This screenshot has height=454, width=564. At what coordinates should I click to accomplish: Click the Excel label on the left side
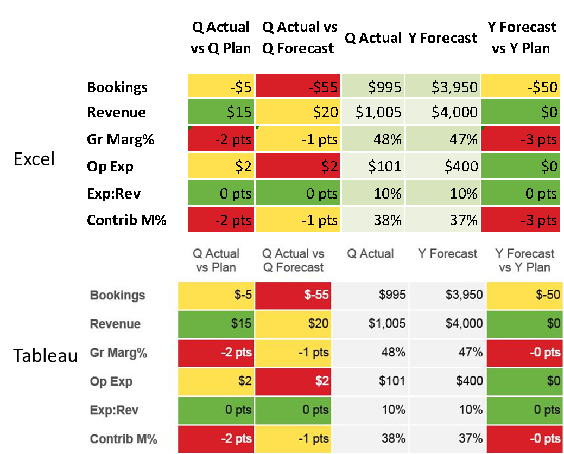pyautogui.click(x=34, y=159)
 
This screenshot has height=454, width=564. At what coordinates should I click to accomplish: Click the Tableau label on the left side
pyautogui.click(x=46, y=355)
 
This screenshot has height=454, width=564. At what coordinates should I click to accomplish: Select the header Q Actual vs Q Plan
pyautogui.click(x=221, y=37)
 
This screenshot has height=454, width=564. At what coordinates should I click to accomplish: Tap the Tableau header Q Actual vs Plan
pyautogui.click(x=216, y=260)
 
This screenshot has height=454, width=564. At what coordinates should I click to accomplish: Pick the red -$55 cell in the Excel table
pyautogui.click(x=298, y=87)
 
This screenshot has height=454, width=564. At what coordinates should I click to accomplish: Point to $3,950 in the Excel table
pyautogui.click(x=442, y=87)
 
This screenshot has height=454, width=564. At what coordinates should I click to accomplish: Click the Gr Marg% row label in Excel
pyautogui.click(x=121, y=140)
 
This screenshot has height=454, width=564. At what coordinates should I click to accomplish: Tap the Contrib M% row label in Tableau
pyautogui.click(x=124, y=439)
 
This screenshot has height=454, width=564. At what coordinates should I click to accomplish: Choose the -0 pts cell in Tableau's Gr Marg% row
pyautogui.click(x=524, y=353)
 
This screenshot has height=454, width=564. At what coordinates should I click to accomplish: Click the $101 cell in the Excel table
pyautogui.click(x=373, y=167)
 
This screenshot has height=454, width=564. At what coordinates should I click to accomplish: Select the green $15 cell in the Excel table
pyautogui.click(x=221, y=112)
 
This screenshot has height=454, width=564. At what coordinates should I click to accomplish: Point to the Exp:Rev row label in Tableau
pyautogui.click(x=115, y=410)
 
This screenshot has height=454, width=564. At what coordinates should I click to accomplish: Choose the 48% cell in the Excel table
pyautogui.click(x=373, y=140)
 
